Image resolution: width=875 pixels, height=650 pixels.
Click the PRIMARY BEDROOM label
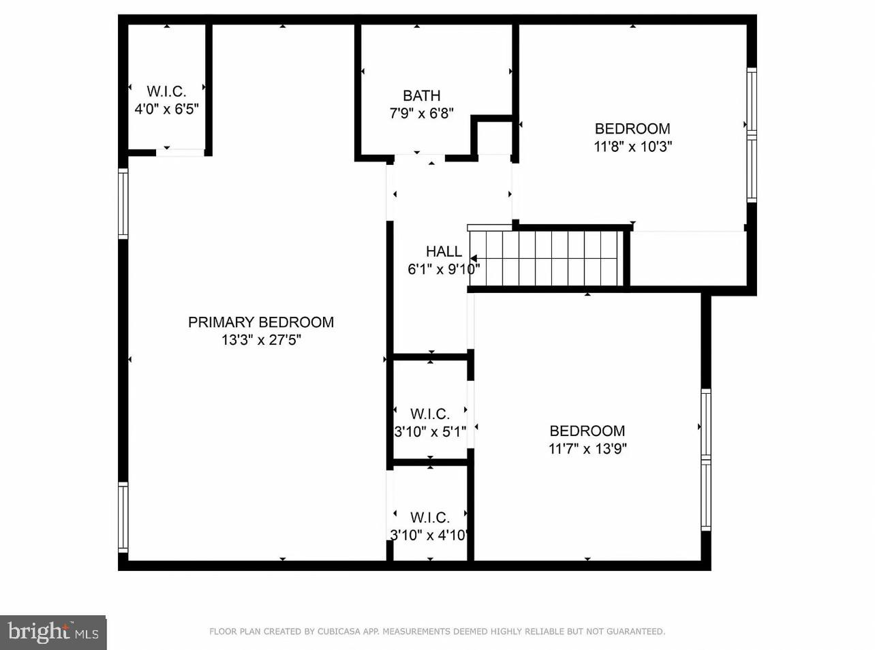(x=261, y=322)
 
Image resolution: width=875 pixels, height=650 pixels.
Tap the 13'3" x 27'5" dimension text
(x=261, y=340)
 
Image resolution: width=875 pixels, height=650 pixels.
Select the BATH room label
(x=421, y=96)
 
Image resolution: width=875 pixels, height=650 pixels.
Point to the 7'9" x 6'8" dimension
(x=421, y=114)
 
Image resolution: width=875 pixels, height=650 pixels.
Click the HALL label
(x=444, y=251)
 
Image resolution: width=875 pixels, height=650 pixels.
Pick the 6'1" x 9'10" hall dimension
(x=443, y=269)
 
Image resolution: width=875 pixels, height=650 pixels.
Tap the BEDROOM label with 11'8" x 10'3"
(x=632, y=129)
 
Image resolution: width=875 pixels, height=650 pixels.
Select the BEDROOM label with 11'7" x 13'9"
(x=587, y=431)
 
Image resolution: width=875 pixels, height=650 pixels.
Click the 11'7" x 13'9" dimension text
(x=587, y=448)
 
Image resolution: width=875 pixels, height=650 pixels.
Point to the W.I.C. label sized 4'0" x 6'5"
(x=166, y=91)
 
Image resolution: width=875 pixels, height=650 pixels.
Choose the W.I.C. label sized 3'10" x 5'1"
(x=429, y=414)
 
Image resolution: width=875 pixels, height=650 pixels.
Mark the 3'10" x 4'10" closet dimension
(x=429, y=536)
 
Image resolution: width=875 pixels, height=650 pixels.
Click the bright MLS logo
(x=53, y=632)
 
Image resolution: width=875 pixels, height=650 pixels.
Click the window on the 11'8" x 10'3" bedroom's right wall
(x=752, y=135)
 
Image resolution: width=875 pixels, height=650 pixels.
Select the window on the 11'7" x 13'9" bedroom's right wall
(x=706, y=460)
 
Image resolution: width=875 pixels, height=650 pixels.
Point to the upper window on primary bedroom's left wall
(x=123, y=203)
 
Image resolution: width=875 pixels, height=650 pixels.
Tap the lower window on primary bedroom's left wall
(x=123, y=517)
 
